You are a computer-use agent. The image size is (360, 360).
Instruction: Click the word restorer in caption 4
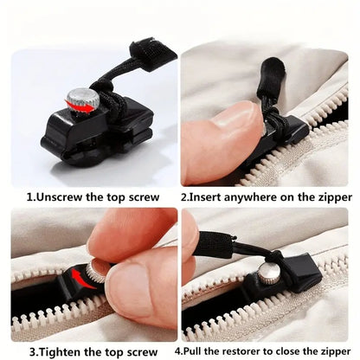[249, 351]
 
